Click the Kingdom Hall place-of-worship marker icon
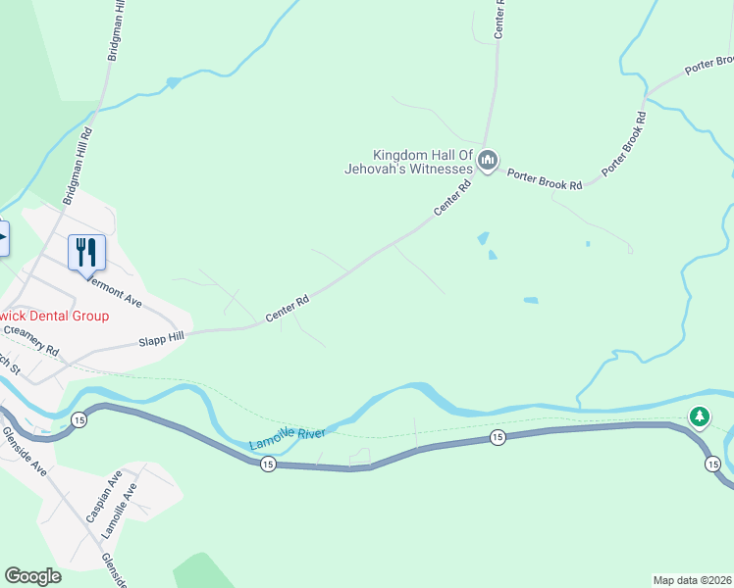click(488, 160)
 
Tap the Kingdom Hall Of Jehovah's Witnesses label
click(423, 162)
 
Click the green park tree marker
click(699, 417)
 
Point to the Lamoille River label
click(287, 435)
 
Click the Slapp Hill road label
click(162, 338)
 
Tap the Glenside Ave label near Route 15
click(25, 452)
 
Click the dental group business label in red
click(54, 317)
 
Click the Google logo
click(32, 576)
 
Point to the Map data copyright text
click(693, 580)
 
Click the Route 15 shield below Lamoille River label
click(267, 466)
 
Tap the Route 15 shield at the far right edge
click(712, 463)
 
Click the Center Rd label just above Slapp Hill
click(288, 310)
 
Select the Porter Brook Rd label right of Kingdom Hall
click(546, 179)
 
